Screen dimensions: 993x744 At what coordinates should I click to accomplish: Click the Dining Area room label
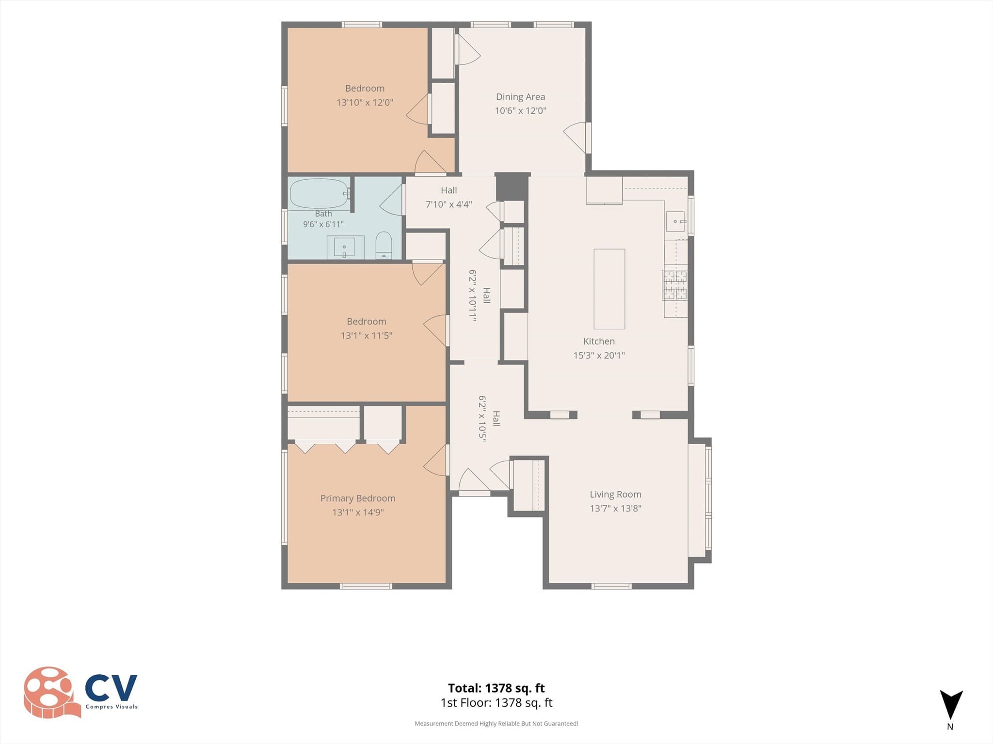(520, 97)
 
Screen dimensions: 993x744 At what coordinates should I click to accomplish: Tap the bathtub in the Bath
(319, 194)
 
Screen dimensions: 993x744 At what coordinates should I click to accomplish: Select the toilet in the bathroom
(384, 245)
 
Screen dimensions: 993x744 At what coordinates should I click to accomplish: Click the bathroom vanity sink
(344, 248)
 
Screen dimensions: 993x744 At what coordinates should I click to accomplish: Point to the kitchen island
(609, 289)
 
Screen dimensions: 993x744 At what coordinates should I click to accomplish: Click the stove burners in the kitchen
(675, 285)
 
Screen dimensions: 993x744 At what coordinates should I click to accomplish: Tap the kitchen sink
(675, 222)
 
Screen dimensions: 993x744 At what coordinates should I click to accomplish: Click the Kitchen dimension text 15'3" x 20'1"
(599, 355)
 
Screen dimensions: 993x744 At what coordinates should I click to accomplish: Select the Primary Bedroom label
(358, 498)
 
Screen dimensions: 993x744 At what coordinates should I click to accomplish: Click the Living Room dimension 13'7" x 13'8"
(615, 508)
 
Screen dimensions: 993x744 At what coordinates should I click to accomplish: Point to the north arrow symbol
(951, 704)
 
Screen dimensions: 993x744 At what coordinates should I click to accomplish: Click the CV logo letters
(111, 688)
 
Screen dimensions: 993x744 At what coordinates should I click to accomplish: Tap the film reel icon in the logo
(50, 692)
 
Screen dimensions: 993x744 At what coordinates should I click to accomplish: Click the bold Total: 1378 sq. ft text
(496, 688)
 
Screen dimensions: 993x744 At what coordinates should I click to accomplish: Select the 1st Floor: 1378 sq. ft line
(496, 703)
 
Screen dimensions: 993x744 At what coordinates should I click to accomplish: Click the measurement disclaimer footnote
(496, 724)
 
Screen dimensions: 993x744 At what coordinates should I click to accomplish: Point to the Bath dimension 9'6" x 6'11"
(323, 224)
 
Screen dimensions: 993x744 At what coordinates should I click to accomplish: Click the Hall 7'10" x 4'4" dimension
(448, 204)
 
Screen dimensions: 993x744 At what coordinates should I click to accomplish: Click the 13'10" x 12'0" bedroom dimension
(365, 103)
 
